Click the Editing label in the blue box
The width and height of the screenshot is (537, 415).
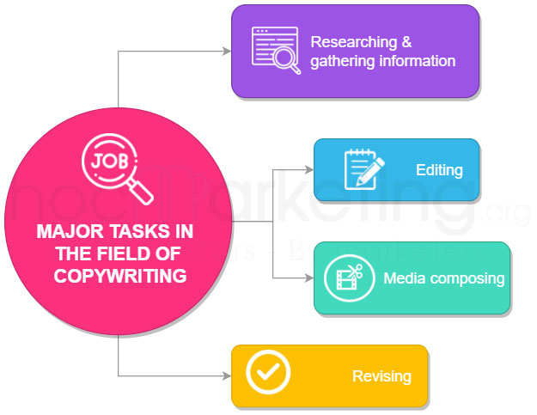438,170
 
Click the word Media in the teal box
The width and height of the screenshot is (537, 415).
402,279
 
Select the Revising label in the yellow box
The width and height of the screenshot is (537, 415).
381,376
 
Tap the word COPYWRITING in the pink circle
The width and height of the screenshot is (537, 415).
120,276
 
